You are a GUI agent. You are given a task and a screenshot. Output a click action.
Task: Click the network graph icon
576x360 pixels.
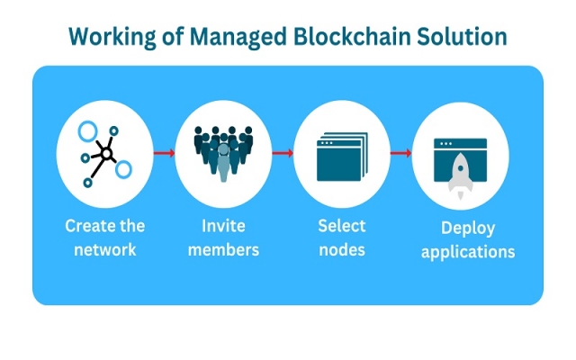click(104, 154)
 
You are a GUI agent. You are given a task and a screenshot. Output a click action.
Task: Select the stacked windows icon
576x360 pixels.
click(342, 157)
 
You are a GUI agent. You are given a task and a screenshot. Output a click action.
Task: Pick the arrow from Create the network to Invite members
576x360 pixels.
click(163, 153)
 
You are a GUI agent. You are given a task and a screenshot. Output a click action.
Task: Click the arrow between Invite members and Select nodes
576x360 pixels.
click(283, 153)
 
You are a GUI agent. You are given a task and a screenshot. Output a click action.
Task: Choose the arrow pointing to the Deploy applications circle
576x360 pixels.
click(400, 153)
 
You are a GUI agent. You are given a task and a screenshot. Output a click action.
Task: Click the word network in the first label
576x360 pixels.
click(106, 248)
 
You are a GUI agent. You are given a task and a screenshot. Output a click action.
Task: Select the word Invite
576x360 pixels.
click(222, 225)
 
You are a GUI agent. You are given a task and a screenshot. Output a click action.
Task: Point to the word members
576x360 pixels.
click(222, 248)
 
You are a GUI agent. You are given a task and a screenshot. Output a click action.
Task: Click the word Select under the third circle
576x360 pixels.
click(342, 225)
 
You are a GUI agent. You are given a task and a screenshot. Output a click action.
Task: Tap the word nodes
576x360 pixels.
click(342, 248)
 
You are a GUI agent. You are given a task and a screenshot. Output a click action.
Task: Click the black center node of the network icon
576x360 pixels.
click(106, 154)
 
